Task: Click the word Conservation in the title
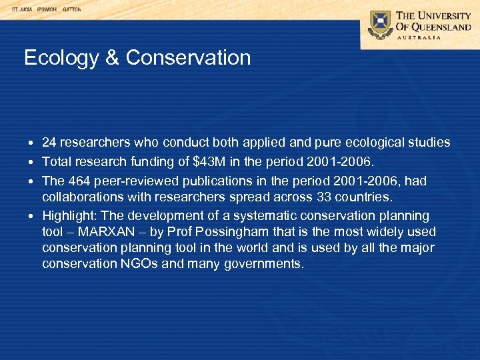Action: point(188,58)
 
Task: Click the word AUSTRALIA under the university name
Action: point(419,37)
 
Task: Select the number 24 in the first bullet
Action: point(49,143)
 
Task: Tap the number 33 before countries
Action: point(343,197)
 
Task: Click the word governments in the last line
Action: point(264,264)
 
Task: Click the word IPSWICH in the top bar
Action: point(47,9)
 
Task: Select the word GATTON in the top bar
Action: point(71,9)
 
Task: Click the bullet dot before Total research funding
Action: point(32,163)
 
